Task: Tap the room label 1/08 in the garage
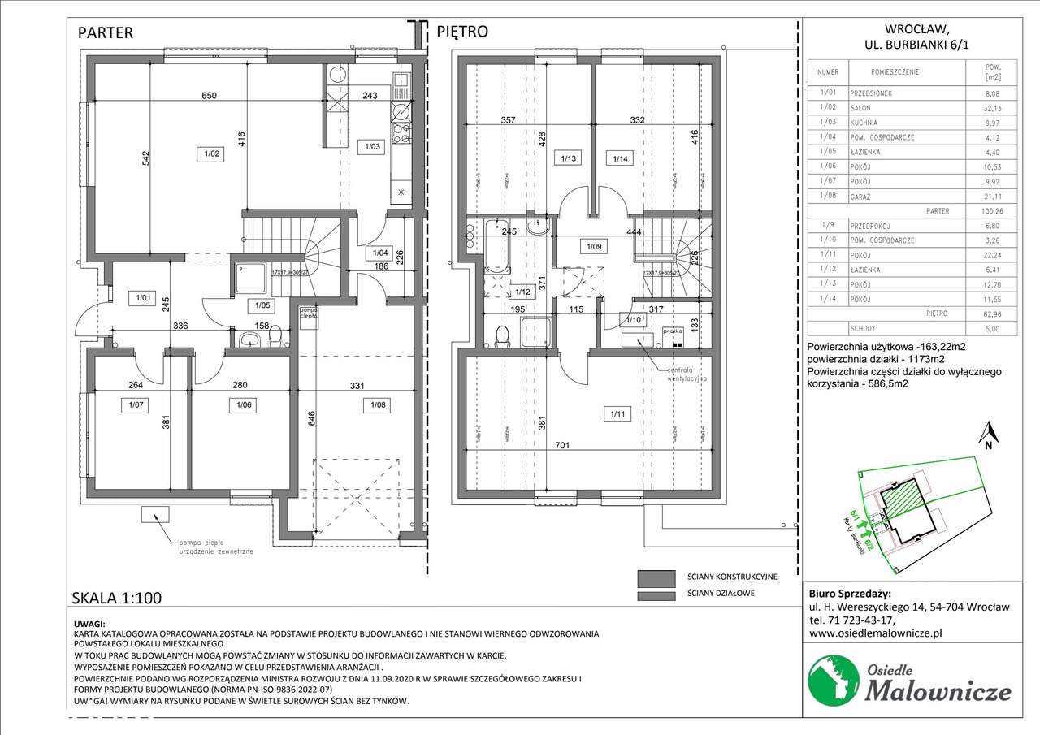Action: [378, 404]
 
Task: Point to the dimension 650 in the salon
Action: [210, 97]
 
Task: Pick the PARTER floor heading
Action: [105, 33]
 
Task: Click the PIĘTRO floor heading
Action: [462, 33]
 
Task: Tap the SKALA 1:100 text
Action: [118, 598]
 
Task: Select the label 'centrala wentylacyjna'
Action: [687, 374]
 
